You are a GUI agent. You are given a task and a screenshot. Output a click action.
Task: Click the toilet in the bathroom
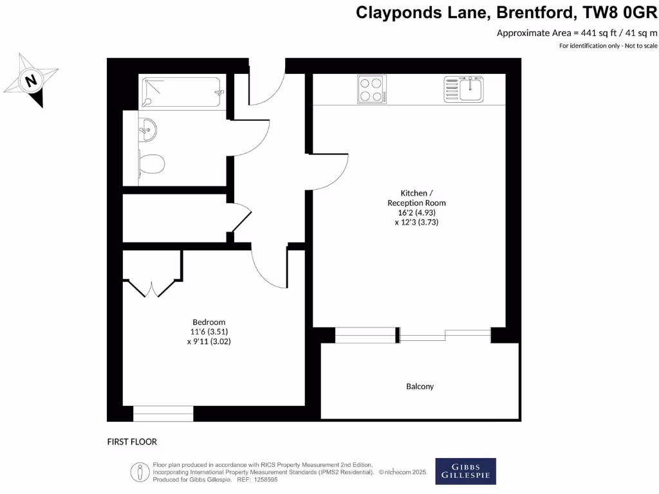(x=152, y=164)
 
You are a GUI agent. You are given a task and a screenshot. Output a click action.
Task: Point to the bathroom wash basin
(x=147, y=129)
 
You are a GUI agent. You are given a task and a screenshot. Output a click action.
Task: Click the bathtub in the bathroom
(x=181, y=93)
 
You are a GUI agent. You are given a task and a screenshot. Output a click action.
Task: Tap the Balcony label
(x=420, y=387)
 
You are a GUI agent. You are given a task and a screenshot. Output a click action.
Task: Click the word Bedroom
(x=209, y=322)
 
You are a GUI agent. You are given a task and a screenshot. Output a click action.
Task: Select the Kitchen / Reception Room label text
(x=416, y=197)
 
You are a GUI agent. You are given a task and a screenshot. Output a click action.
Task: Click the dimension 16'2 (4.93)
(x=416, y=212)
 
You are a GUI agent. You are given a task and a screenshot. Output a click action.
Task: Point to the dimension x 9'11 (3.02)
(x=209, y=342)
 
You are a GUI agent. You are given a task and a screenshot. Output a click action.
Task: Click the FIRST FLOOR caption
(x=132, y=442)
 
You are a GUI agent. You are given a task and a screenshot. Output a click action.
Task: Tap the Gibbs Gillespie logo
(x=466, y=471)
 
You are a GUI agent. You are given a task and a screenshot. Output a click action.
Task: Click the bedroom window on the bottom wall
(x=163, y=414)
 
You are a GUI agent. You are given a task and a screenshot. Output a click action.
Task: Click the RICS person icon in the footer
(x=140, y=471)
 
